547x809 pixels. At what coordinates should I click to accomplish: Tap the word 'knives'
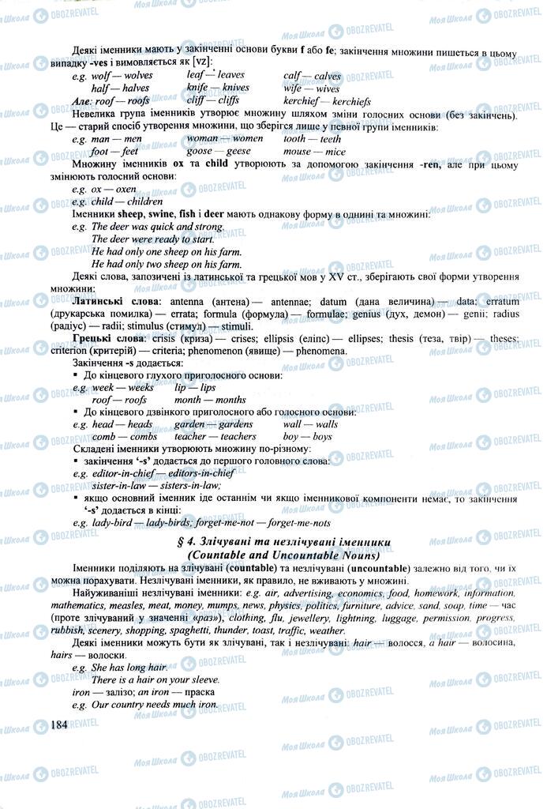pos(235,88)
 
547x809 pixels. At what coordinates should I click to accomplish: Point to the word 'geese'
pos(236,150)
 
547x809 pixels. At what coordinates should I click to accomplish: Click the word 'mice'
pos(335,150)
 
